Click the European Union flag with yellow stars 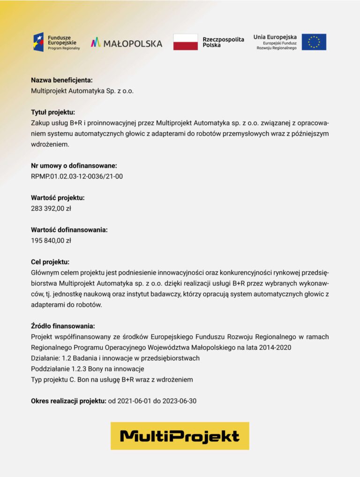pos(314,42)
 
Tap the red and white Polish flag pos(185,42)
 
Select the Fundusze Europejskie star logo pos(38,42)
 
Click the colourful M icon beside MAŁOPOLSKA pos(96,43)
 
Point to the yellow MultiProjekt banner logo pos(180,436)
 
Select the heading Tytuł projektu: pos(53,112)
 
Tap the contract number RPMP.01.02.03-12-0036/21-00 pos(77,176)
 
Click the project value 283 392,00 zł pos(51,208)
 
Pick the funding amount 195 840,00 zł pos(51,241)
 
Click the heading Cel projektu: pos(50,262)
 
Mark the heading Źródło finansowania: pos(63,326)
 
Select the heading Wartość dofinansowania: pos(69,230)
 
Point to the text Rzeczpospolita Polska pos(223,42)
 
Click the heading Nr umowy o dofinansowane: pos(74,166)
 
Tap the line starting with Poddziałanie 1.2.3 pos(87,369)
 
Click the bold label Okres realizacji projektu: pos(68,401)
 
